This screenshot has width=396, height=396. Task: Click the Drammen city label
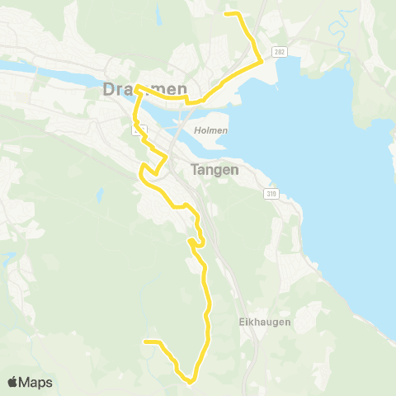click(x=146, y=89)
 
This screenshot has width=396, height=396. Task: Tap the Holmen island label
click(x=212, y=130)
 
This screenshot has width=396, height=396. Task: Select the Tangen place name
click(x=214, y=170)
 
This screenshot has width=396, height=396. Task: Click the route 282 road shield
click(x=280, y=50)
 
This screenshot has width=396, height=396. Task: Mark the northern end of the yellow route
click(x=227, y=13)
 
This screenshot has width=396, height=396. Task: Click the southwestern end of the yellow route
click(x=145, y=341)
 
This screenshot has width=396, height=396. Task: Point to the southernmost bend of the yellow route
click(x=190, y=382)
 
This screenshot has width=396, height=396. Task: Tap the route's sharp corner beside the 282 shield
click(x=262, y=59)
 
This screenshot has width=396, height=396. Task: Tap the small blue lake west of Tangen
click(x=98, y=196)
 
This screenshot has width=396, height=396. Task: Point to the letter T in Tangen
click(x=196, y=170)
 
